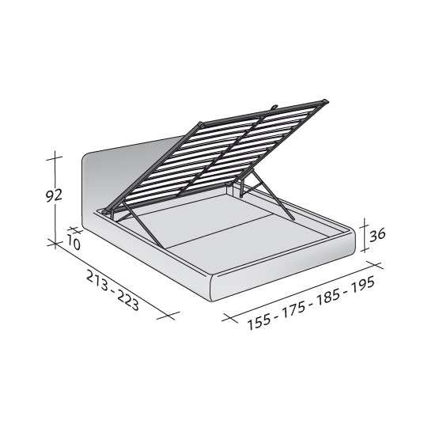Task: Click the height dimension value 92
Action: [54, 195]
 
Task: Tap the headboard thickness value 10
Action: [74, 243]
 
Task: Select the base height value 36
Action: [377, 235]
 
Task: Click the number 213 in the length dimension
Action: [98, 280]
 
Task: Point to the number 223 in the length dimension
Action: [127, 301]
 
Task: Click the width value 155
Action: [259, 323]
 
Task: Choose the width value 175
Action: [293, 310]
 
